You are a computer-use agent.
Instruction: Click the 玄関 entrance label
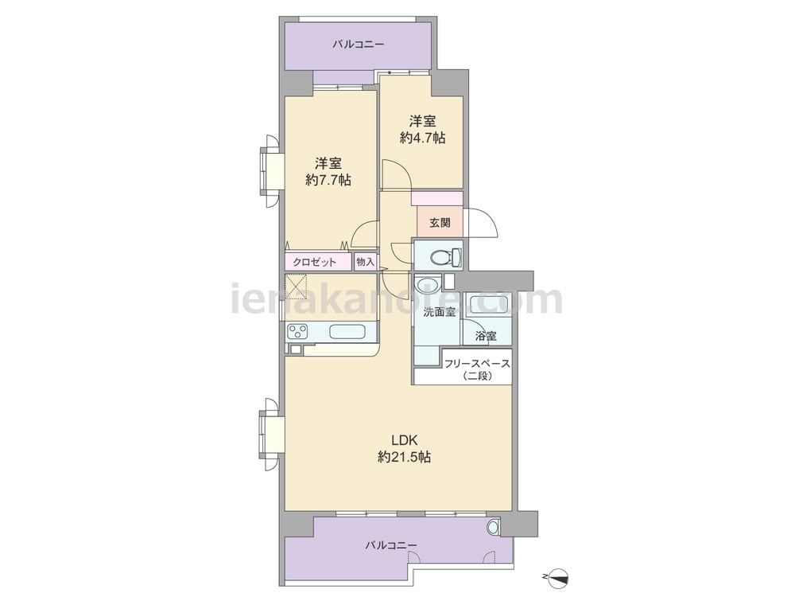coord(440,222)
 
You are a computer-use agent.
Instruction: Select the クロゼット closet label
coord(314,262)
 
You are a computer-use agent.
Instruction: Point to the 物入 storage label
coord(365,262)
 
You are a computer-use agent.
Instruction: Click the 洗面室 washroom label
coord(440,312)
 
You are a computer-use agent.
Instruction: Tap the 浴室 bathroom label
coord(486,336)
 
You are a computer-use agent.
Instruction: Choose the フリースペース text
coord(477,364)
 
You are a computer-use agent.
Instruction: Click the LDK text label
coord(404,439)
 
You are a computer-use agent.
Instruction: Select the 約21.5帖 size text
coord(404,457)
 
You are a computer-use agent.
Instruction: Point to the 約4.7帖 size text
coord(422,138)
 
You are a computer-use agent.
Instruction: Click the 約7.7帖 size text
coord(328,180)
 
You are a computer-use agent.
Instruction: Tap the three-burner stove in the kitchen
coord(297,332)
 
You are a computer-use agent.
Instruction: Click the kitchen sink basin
coord(347,332)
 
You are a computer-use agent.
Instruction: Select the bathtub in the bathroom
coord(488,303)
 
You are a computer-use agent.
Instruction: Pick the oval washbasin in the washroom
coord(428,283)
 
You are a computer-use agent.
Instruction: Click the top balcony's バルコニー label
coord(358,45)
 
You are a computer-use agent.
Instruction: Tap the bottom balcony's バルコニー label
coord(391,545)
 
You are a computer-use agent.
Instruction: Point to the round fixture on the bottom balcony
coord(493,527)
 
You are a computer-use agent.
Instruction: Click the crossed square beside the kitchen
coord(297,286)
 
